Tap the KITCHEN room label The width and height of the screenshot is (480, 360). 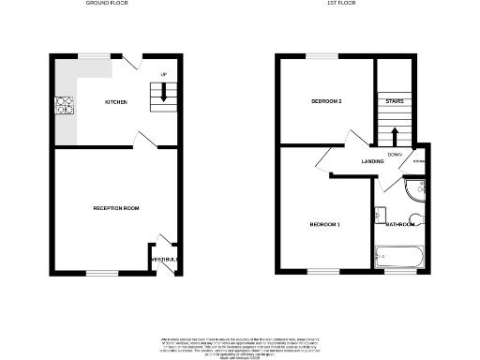pos(116,102)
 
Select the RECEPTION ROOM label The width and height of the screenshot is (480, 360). pos(116,207)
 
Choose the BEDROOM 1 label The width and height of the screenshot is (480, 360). pos(324,224)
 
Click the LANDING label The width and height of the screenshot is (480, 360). pos(374,161)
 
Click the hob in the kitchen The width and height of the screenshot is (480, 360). pos(65,106)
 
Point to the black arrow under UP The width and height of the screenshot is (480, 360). pos(165,92)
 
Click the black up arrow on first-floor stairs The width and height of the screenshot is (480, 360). pos(395,135)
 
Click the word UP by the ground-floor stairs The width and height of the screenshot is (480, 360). pos(164,74)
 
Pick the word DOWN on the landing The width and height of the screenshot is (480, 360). pos(394,155)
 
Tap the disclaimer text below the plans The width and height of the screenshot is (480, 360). pos(240,330)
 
